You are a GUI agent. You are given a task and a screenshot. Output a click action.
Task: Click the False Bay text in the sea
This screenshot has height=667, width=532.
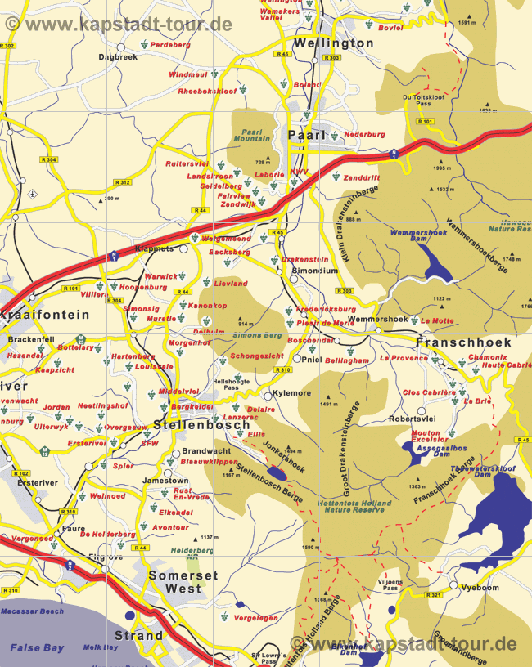37,647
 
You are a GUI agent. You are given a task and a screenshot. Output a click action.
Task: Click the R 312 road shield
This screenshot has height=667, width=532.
123,181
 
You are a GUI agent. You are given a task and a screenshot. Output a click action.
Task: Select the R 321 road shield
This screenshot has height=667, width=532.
434,594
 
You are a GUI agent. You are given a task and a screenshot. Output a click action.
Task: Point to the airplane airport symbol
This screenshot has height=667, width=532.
32,195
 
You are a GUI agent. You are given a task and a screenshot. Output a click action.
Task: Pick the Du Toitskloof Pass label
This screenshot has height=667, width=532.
417,101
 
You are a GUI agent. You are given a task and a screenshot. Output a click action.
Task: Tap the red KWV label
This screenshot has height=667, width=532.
299,172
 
